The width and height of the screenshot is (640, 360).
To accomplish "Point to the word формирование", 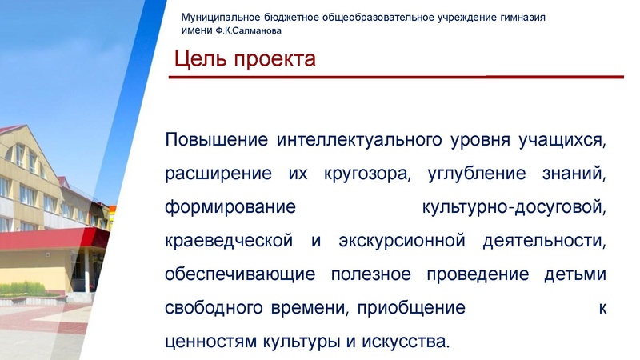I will click(230, 208).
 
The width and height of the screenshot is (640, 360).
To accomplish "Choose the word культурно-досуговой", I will click(513, 208).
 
